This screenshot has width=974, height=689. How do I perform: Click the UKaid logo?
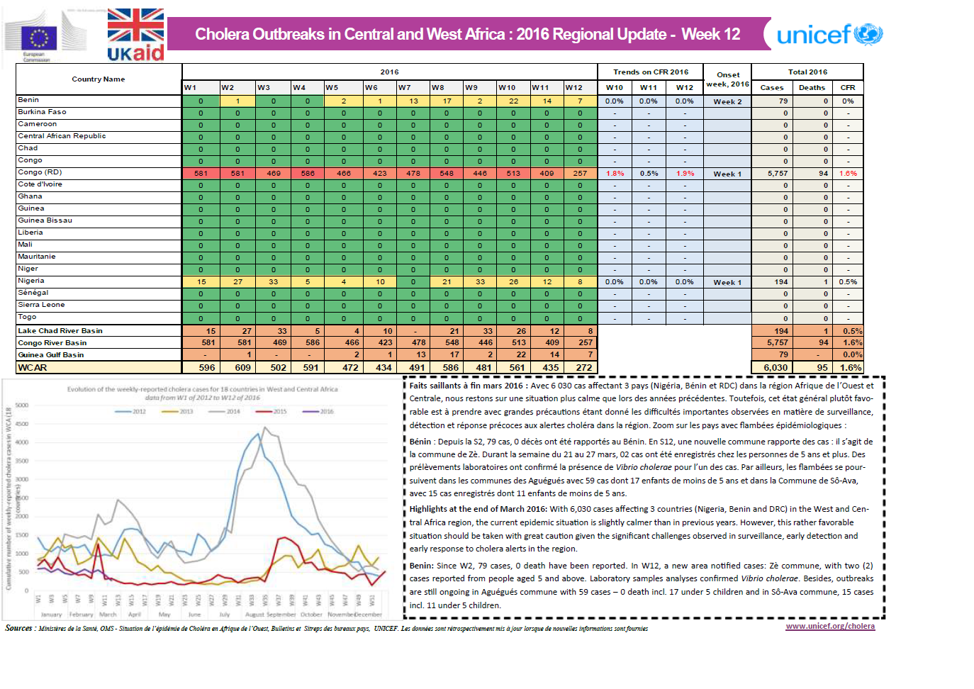pyautogui.click(x=135, y=35)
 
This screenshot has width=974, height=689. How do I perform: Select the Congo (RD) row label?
pyautogui.click(x=40, y=172)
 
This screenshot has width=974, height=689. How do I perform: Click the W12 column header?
pyautogui.click(x=574, y=88)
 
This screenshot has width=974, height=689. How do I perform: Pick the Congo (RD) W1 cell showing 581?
pyautogui.click(x=201, y=174)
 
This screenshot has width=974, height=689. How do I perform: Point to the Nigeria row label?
pyautogui.click(x=31, y=281)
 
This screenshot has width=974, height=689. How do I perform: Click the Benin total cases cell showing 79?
pyautogui.click(x=773, y=101)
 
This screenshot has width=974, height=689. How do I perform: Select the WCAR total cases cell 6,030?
pyautogui.click(x=773, y=368)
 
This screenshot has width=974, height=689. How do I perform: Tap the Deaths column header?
pyautogui.click(x=812, y=88)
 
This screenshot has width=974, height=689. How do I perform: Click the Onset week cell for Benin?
pyautogui.click(x=727, y=102)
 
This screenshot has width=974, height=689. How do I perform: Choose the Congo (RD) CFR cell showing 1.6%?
pyautogui.click(x=848, y=174)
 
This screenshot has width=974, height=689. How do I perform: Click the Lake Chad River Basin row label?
pyautogui.click(x=60, y=331)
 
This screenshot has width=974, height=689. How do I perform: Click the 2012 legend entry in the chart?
pyautogui.click(x=130, y=411)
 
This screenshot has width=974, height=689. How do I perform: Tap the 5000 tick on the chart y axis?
pyautogui.click(x=21, y=405)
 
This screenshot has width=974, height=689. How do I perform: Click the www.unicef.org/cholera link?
pyautogui.click(x=830, y=626)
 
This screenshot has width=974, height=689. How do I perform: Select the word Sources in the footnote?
pyautogui.click(x=18, y=628)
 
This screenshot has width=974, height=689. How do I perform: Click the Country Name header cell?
pyautogui.click(x=99, y=79)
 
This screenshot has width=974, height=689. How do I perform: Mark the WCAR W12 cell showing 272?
pyautogui.click(x=581, y=368)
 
